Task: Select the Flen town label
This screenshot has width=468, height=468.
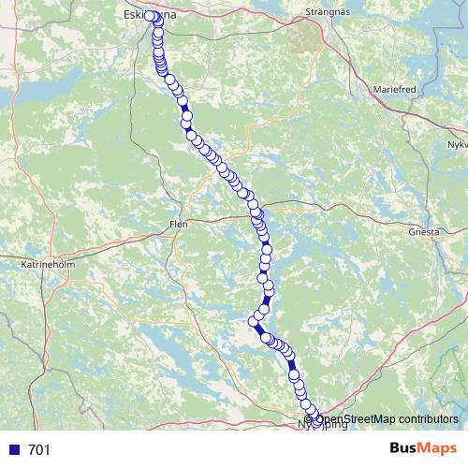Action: point(178,224)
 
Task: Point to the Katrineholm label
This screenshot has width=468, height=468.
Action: point(47,265)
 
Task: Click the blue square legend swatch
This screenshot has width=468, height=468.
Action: point(13,450)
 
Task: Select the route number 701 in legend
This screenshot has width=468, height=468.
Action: point(38,450)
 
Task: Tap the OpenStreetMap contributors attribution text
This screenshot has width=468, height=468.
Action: point(384,418)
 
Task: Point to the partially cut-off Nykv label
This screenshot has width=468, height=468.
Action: point(456,146)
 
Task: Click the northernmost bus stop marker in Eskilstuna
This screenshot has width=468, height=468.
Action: point(150,16)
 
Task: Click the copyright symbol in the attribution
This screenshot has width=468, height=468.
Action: point(310,418)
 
